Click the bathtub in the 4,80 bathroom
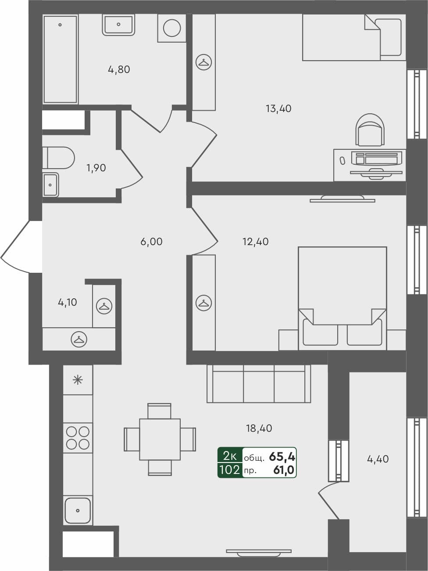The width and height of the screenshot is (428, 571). click(60, 59)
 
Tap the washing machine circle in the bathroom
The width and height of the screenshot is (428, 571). click(172, 28)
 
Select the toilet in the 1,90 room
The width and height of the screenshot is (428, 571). click(59, 158)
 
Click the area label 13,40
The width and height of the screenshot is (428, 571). click(278, 108)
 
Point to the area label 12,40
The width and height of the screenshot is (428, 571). click(255, 241)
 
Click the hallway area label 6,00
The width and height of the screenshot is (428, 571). click(151, 242)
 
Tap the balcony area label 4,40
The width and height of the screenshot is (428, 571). click(378, 459)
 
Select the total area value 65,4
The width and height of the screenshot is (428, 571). click(282, 456)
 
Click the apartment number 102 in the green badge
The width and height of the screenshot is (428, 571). click(229, 470)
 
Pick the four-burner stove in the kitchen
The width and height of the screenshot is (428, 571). click(78, 438)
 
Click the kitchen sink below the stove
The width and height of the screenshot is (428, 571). click(78, 510)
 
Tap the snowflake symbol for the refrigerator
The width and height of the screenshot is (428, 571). click(78, 380)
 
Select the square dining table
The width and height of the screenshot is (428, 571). click(160, 439)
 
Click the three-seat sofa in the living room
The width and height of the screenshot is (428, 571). click(259, 383)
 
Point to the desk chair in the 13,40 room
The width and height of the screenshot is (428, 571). click(371, 130)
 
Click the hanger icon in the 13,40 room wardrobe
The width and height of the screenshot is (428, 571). click(203, 62)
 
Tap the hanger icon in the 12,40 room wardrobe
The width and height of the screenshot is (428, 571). click(203, 303)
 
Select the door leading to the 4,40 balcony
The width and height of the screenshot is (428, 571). click(329, 501)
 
